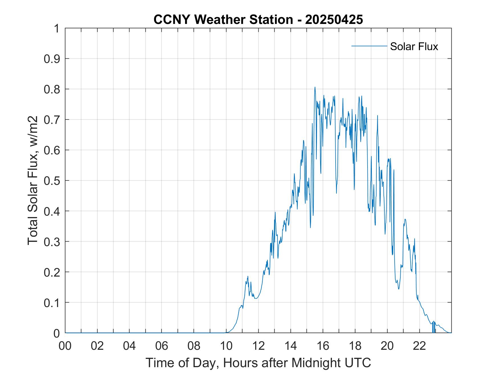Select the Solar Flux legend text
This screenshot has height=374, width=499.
[x=414, y=46]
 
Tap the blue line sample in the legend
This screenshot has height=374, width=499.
[x=369, y=46]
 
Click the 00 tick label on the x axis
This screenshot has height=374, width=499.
[x=65, y=346]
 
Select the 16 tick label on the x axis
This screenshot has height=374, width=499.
[x=323, y=346]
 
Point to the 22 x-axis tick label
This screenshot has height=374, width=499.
[x=419, y=346]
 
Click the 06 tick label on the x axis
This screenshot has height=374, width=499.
[x=162, y=346]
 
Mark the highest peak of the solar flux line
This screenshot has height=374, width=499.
[x=315, y=87]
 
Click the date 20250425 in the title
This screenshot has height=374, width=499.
[x=334, y=20]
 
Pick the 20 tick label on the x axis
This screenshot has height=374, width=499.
[x=387, y=346]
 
